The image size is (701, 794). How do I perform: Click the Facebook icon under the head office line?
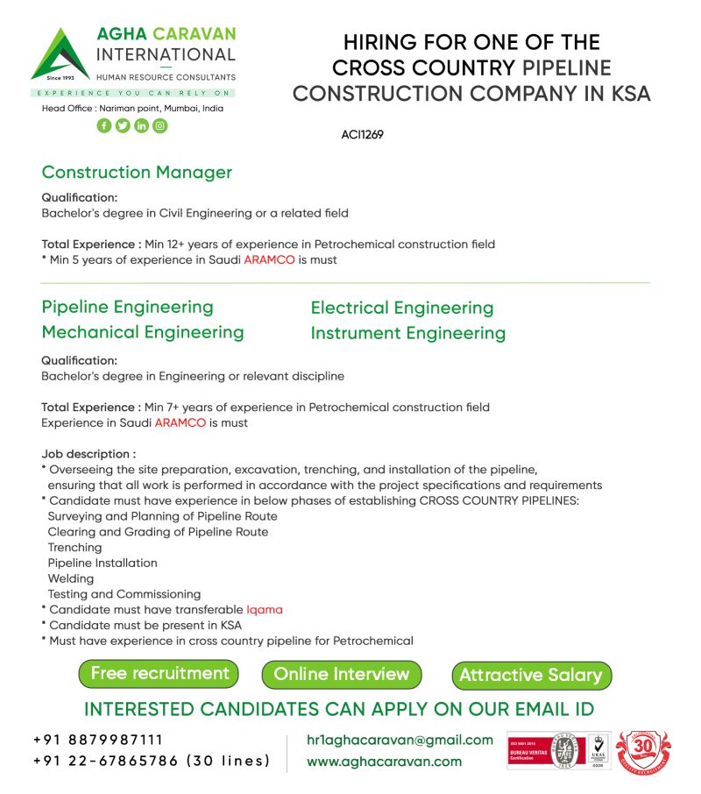[104, 125]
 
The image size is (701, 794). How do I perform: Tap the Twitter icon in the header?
[123, 125]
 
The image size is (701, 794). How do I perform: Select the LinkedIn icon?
[141, 125]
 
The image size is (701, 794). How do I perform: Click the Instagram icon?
[159, 125]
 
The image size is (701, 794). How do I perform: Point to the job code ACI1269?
[362, 135]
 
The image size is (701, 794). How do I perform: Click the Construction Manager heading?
[137, 172]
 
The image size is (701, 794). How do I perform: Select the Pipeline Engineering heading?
[128, 307]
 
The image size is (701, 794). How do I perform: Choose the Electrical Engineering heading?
[402, 308]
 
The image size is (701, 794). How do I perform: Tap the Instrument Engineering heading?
[408, 333]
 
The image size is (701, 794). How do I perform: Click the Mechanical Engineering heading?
[143, 332]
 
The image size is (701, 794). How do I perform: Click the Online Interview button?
[342, 674]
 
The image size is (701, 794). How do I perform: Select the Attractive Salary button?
[531, 675]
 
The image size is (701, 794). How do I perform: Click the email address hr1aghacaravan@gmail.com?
[400, 740]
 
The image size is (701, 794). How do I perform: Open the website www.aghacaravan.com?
[384, 761]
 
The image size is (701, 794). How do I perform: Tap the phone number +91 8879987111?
[98, 740]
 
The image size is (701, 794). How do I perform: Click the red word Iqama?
[265, 609]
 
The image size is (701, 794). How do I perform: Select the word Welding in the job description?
[71, 578]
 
